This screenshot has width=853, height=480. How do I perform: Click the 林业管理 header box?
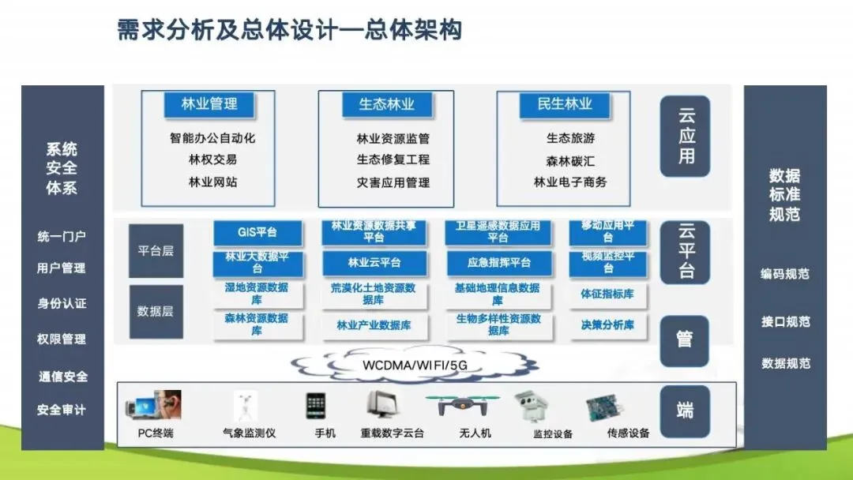tap(209, 103)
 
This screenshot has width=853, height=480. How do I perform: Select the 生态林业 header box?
tap(386, 103)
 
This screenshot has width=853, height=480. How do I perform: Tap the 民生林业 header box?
tap(565, 103)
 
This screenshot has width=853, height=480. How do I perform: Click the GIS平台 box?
tap(257, 233)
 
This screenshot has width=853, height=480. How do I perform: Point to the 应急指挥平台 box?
tap(498, 263)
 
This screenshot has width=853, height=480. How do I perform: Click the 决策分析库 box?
tap(607, 324)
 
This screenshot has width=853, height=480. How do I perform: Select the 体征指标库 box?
tap(607, 294)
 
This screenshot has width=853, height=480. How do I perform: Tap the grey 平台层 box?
tap(156, 250)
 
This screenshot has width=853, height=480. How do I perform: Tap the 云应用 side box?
tap(685, 136)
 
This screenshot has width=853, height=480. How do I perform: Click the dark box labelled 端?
tap(685, 411)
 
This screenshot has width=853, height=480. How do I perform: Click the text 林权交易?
tap(212, 159)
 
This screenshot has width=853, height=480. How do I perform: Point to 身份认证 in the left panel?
tap(62, 303)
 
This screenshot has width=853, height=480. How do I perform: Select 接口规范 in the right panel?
tap(785, 321)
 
